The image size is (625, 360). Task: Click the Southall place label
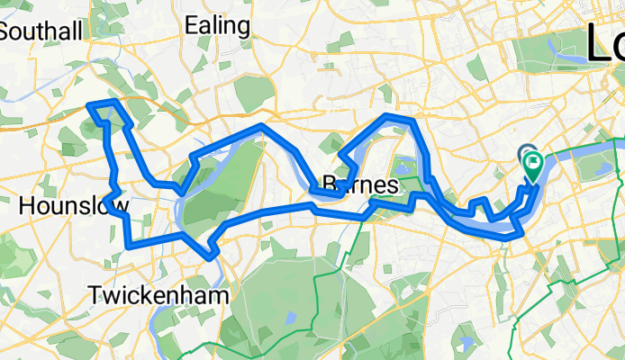click(41, 31)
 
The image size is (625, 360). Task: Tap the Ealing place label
click(218, 26)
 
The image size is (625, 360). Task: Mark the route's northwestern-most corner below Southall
click(89, 106)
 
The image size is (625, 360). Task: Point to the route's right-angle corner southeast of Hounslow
click(130, 243)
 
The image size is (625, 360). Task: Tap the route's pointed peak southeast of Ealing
click(261, 127)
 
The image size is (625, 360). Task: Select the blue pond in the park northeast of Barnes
click(403, 166)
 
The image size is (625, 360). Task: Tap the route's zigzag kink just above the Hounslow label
click(112, 192)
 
